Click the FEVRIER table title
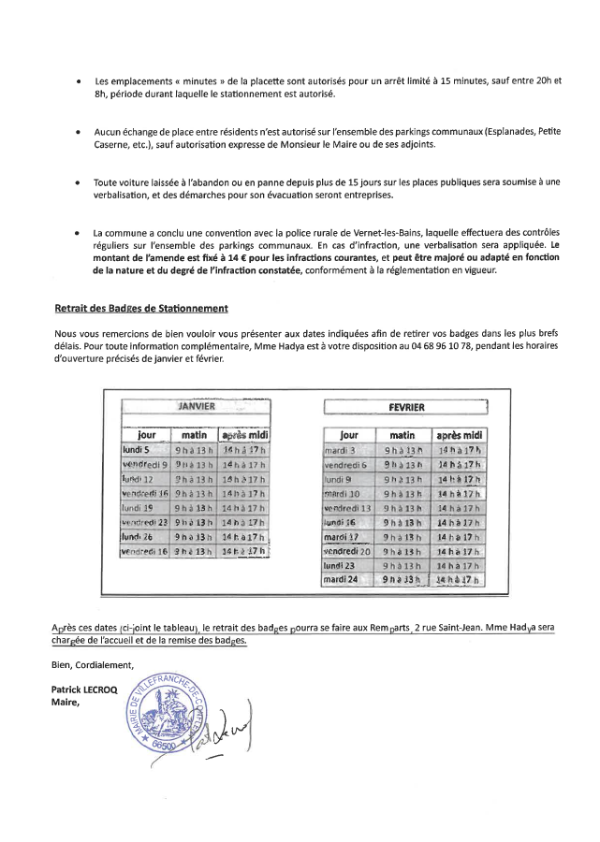tap(404, 407)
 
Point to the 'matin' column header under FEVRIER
tap(402, 435)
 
